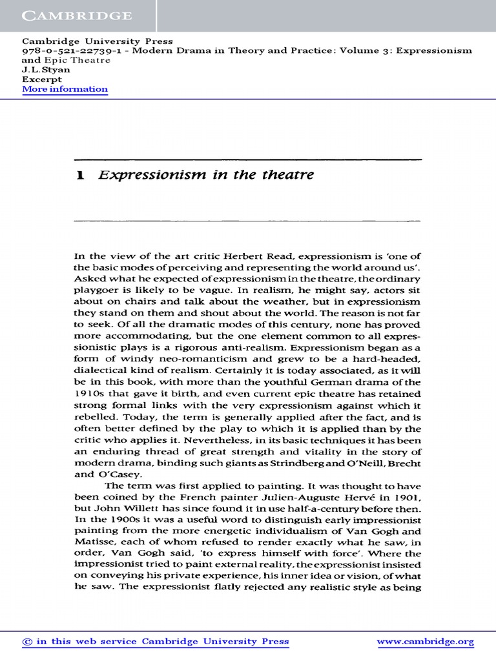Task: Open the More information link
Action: [65, 89]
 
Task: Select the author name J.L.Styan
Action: [46, 70]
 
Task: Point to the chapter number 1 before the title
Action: [81, 176]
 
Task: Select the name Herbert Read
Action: [244, 256]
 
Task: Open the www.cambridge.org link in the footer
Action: [425, 642]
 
